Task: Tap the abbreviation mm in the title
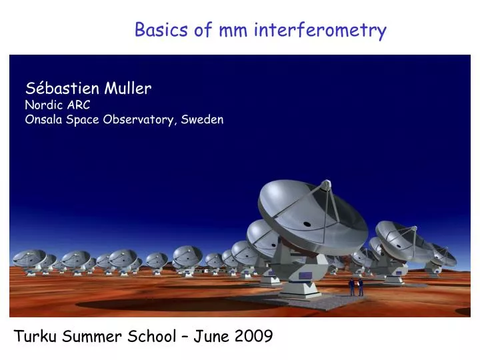coord(227,31)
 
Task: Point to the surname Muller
coord(128,88)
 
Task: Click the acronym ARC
coord(77,105)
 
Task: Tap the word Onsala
coord(44,120)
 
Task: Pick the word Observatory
coord(140,120)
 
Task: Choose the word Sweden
coord(203,120)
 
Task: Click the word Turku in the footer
coord(36,337)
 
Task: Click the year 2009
coord(254,337)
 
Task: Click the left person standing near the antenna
coord(352,287)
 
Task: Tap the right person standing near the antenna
coord(360,287)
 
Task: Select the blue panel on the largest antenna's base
coord(305,275)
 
